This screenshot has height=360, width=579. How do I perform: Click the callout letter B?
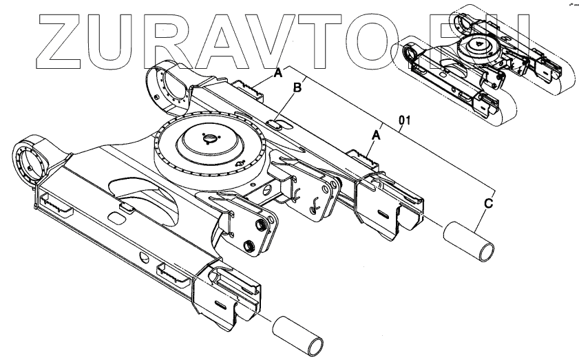(x=298, y=87)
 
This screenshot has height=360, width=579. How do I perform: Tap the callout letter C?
(x=487, y=204)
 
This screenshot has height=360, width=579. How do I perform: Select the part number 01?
(x=405, y=121)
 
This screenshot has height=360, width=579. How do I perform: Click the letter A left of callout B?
(x=279, y=72)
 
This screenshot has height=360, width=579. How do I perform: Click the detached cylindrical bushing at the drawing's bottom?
(x=298, y=335)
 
